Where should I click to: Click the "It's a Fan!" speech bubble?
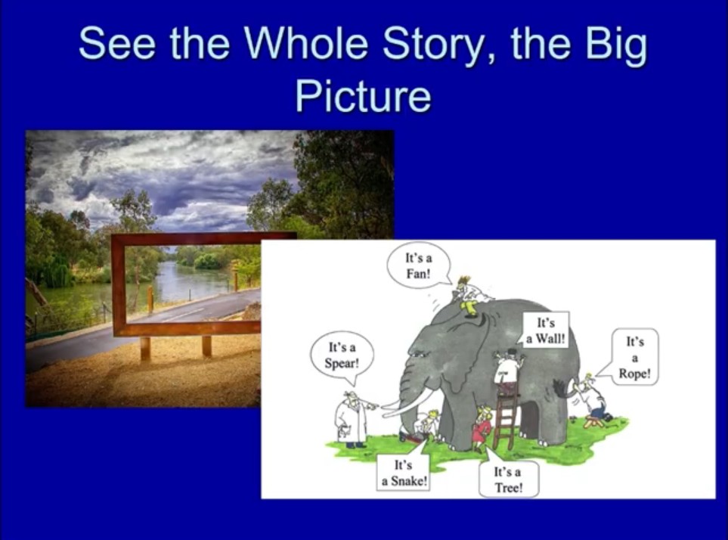(420, 265)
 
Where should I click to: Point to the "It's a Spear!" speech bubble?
(342, 356)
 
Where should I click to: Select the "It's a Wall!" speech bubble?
(546, 331)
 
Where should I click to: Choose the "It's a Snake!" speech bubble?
(404, 471)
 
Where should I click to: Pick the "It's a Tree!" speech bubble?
(508, 478)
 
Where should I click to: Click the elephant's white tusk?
(408, 403)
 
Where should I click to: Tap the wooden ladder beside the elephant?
(505, 420)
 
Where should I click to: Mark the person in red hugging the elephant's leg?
(482, 428)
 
